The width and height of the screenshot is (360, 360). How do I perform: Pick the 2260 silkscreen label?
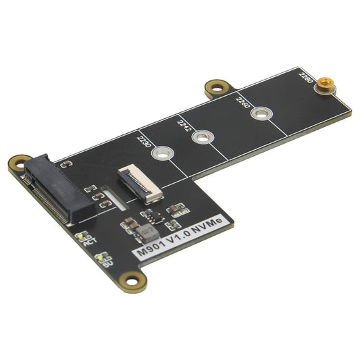[241, 103]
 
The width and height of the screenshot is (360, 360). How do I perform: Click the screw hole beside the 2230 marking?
[160, 155]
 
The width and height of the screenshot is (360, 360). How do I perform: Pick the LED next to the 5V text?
[101, 257]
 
